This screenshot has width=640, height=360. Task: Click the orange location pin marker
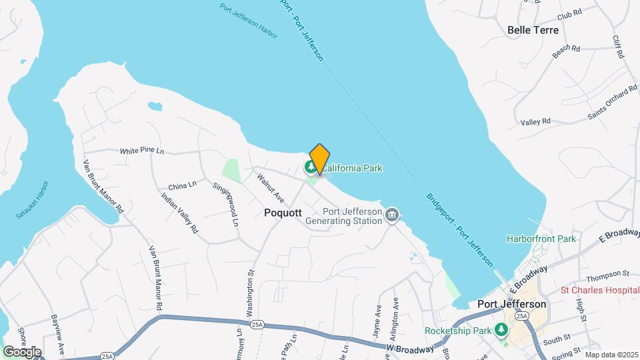319,159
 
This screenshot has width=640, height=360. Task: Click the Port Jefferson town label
512,304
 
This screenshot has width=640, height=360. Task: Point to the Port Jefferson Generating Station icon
392,215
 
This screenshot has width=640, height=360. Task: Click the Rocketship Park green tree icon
501,331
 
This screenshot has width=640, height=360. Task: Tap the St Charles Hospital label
599,290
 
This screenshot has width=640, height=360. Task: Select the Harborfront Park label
541,238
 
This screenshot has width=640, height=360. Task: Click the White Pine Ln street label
142,151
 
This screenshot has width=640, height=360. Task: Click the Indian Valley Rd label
180,213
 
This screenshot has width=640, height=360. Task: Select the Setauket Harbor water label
32,199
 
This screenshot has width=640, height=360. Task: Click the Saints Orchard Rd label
613,103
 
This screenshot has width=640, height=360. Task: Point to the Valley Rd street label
536,121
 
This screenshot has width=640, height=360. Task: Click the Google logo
22,351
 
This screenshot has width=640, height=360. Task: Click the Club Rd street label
569,13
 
